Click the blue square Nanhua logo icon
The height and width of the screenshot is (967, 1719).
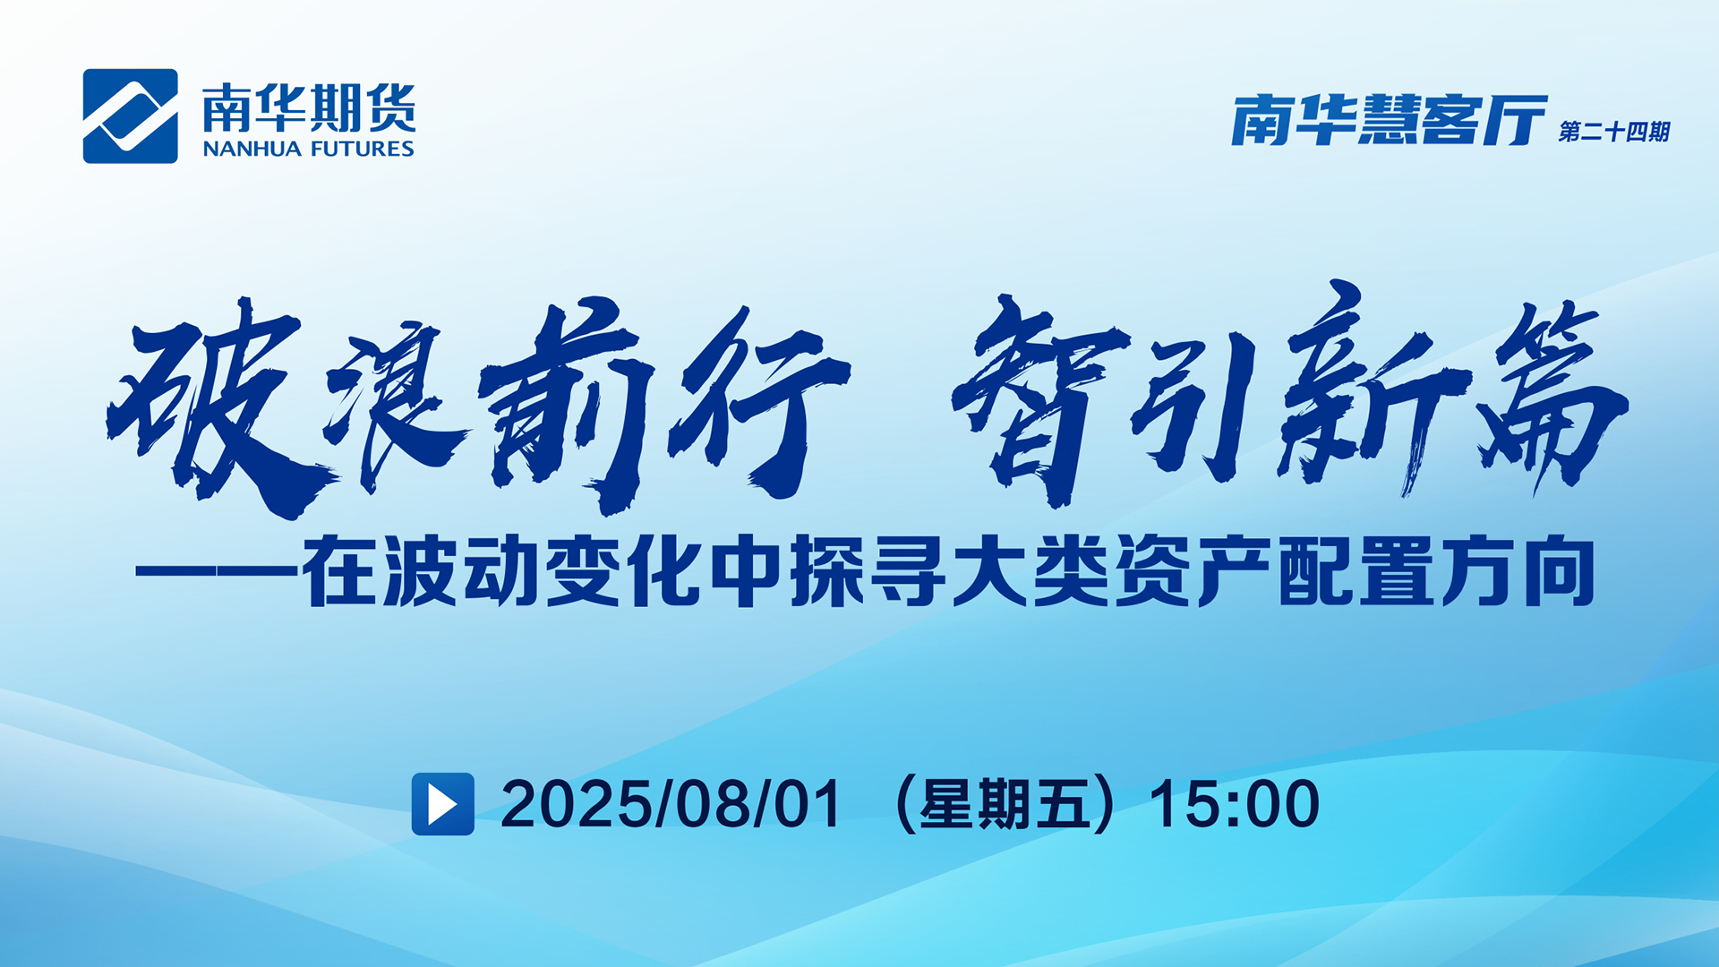point(130,116)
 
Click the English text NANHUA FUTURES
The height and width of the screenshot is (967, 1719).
point(308,149)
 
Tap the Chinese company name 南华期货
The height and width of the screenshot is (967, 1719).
point(309,107)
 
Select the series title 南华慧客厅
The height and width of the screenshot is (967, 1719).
point(1390,120)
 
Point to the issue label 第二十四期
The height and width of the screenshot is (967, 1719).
point(1614,132)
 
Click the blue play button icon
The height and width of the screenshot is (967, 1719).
point(442,804)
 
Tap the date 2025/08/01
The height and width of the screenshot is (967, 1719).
point(671,804)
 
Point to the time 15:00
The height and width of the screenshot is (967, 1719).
point(1235,804)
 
